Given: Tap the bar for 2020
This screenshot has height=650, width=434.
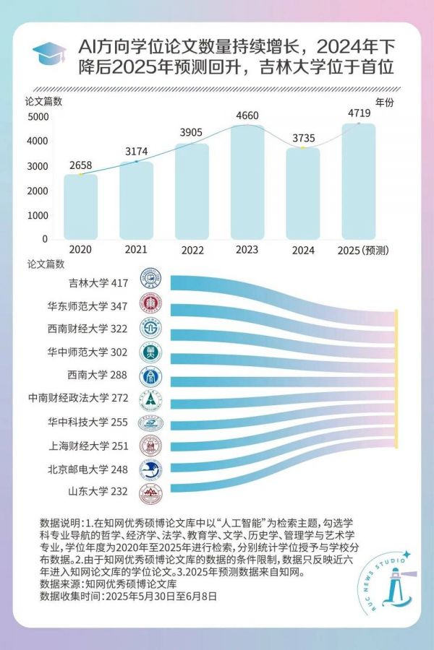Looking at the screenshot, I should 80,207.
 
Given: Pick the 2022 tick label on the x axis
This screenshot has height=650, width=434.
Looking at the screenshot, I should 192,250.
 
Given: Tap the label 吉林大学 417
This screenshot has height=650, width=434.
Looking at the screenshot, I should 98,282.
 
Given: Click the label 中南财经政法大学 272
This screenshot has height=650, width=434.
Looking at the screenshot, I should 78,397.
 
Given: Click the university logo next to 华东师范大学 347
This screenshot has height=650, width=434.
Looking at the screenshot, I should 150,305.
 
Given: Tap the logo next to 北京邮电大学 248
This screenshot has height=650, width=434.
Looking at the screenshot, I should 150,469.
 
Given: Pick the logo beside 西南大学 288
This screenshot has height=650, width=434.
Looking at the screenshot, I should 150,376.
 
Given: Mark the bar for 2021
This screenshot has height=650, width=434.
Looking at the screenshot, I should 136,200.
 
